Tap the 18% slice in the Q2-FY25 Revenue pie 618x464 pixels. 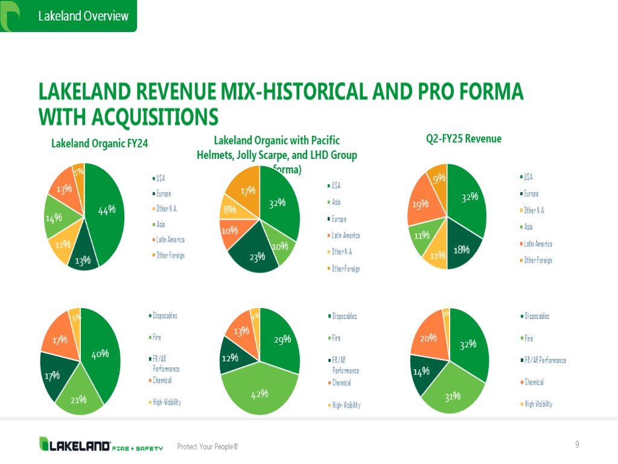click(462, 248)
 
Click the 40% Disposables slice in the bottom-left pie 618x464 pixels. click(100, 353)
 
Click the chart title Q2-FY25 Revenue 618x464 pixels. click(463, 138)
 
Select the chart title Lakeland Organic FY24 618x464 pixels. click(100, 143)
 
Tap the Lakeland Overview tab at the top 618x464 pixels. click(83, 16)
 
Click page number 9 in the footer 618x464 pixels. click(577, 445)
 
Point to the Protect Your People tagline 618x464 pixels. click(207, 446)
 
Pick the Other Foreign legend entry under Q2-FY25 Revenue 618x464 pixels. click(538, 260)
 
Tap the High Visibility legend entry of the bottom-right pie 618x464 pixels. click(538, 404)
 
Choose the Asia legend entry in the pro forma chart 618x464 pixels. click(336, 202)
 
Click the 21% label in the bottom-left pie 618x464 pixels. click(79, 399)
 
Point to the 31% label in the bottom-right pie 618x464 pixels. click(453, 396)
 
